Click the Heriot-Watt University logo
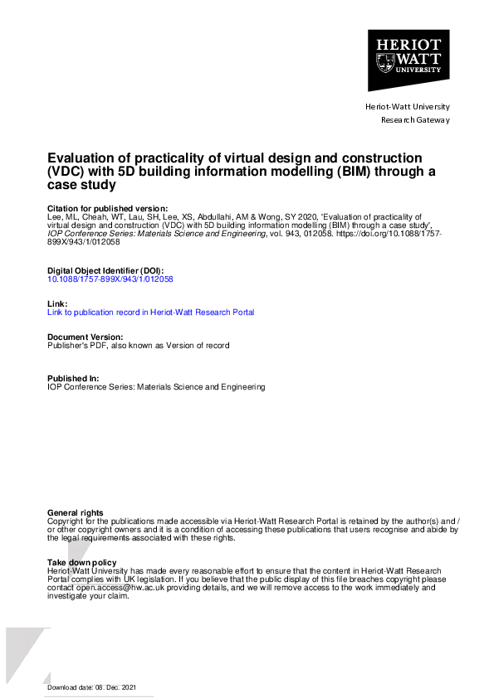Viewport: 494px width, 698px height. (x=408, y=61)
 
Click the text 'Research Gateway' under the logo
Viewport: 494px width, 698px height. (x=415, y=120)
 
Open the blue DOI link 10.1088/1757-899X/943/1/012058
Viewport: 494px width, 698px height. (x=110, y=280)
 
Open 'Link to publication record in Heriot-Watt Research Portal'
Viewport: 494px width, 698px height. (x=151, y=313)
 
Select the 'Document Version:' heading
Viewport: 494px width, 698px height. (x=86, y=337)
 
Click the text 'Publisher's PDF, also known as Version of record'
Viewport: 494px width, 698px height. (x=139, y=345)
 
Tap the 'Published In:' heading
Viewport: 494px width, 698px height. (x=73, y=378)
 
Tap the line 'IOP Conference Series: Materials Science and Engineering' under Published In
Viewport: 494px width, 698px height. (x=157, y=387)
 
